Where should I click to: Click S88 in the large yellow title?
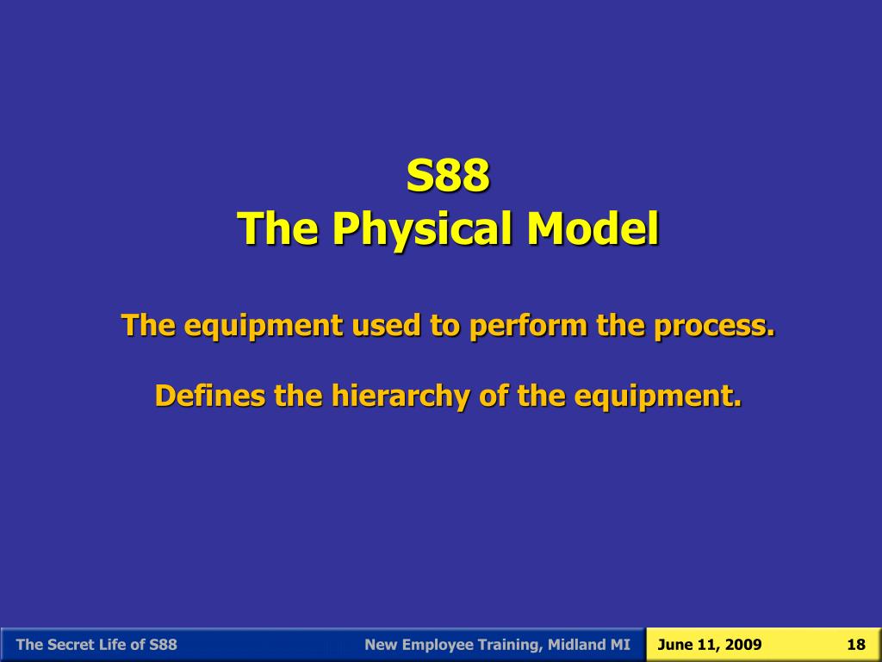(448, 176)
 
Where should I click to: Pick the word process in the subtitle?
(714, 326)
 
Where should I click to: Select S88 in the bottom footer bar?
(163, 645)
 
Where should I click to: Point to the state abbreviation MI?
(621, 645)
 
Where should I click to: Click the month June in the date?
(674, 645)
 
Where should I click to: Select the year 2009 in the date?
(743, 645)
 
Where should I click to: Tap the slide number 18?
(855, 645)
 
